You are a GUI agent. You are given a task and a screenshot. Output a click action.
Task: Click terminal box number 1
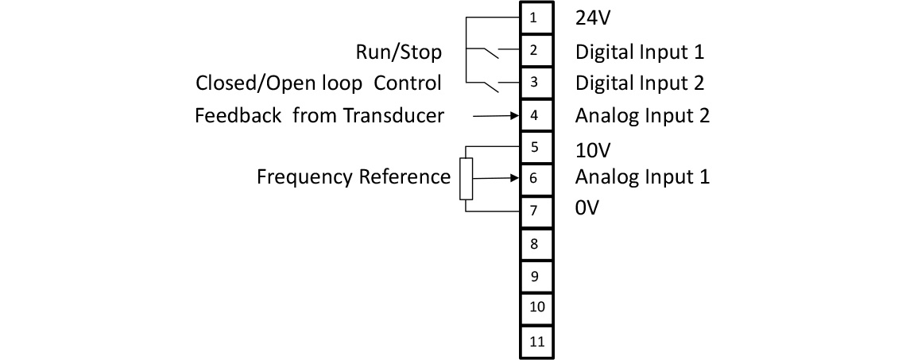tap(535, 17)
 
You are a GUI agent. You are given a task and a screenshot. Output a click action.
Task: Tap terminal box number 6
tap(535, 178)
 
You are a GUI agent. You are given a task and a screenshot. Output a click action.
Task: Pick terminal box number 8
tap(535, 244)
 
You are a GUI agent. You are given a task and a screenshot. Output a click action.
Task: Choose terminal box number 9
tap(535, 277)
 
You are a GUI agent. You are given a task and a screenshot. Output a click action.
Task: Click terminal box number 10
tap(535, 308)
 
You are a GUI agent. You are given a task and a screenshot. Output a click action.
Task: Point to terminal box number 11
tap(535, 342)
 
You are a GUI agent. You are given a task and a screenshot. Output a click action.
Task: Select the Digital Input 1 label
tap(640, 52)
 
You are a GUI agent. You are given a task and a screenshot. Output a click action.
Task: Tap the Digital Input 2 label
tap(640, 83)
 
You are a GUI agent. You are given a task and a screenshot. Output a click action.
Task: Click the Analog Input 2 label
tap(642, 116)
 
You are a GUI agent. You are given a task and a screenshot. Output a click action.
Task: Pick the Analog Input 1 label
tap(642, 176)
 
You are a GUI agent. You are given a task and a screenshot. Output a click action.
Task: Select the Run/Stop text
tap(398, 53)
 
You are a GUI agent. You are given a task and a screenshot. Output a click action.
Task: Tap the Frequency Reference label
tap(353, 176)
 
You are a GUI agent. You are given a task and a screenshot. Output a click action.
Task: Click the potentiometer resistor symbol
tap(466, 178)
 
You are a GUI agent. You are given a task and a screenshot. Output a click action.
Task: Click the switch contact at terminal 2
tap(488, 53)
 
